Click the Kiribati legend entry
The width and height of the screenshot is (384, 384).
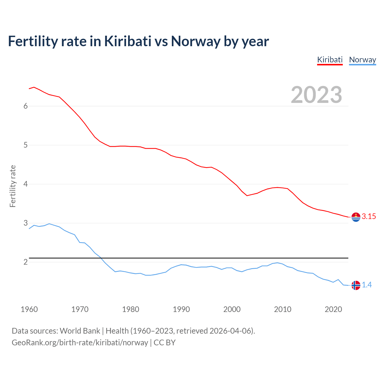(330, 60)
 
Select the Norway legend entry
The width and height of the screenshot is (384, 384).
(362, 60)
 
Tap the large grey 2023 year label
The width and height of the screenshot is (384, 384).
(316, 95)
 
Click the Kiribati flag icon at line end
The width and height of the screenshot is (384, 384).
(356, 217)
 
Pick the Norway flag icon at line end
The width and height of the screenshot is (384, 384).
(356, 285)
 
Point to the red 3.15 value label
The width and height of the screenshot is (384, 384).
(369, 217)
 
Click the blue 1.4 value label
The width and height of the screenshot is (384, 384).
(367, 285)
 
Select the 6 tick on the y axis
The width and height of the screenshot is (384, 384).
(25, 106)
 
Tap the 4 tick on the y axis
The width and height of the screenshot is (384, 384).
(25, 184)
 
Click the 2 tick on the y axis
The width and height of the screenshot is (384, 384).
(25, 262)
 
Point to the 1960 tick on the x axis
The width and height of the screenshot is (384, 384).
(29, 309)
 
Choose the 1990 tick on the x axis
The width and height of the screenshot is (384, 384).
(181, 309)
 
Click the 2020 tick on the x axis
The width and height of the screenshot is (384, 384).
(333, 309)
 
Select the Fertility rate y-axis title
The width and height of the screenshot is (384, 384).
(13, 186)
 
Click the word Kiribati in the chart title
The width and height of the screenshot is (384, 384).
(127, 41)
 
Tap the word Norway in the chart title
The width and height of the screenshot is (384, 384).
(196, 41)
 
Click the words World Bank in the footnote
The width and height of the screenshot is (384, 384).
(80, 331)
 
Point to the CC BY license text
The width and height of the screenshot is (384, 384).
(164, 343)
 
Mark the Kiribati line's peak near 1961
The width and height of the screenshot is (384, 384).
(34, 87)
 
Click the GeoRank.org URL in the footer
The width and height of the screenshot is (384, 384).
(80, 343)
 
